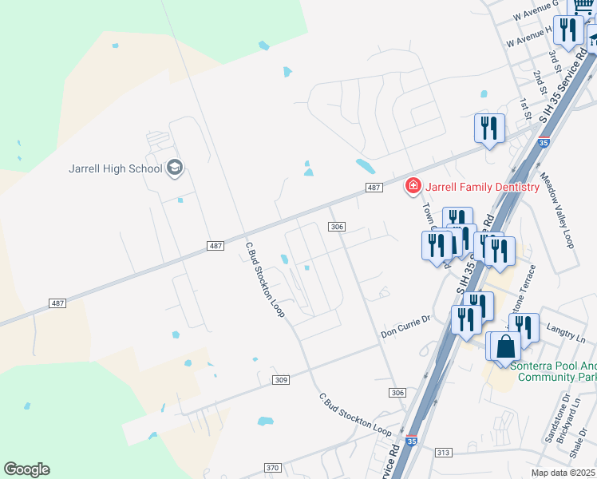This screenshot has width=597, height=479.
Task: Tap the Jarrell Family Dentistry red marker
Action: [x=413, y=187]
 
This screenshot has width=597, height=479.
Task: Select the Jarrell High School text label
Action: [x=115, y=168]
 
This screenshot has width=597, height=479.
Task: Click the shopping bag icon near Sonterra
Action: [x=505, y=346]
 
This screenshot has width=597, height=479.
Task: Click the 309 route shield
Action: [x=279, y=379]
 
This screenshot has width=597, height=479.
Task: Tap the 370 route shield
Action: [x=273, y=468]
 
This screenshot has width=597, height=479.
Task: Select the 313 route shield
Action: [x=444, y=452]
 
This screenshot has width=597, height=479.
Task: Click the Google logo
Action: [x=26, y=469]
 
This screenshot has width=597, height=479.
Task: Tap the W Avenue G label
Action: [x=534, y=10]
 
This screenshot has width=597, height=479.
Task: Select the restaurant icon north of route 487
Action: [x=488, y=128]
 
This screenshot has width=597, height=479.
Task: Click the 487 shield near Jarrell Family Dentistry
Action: [x=373, y=187]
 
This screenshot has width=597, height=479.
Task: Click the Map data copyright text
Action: [x=563, y=473]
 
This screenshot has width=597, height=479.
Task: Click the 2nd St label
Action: [x=541, y=81]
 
